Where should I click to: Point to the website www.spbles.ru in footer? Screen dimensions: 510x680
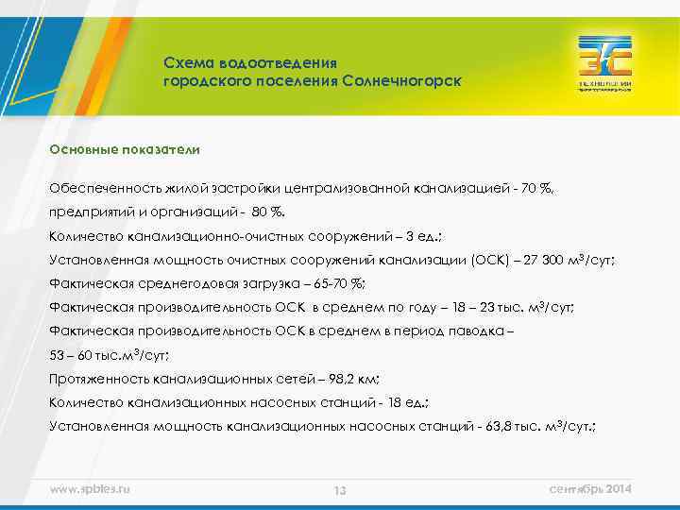90,488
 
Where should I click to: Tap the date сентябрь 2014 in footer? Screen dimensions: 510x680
590,488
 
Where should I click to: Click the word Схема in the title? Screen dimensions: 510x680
188,62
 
